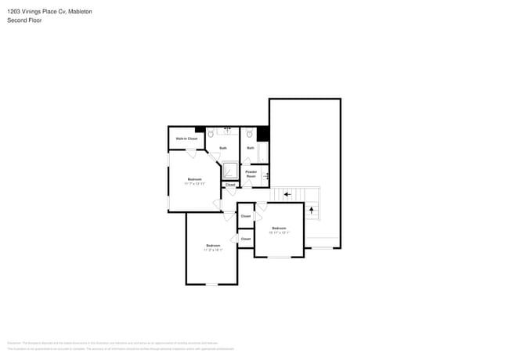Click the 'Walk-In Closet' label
coord(186,139)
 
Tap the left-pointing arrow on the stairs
coord(287,194)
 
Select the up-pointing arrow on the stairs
coord(312,210)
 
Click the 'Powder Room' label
coord(251,174)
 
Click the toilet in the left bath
coord(211,135)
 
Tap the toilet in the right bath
coord(249,135)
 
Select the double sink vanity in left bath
coord(228,129)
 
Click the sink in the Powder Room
coord(266,176)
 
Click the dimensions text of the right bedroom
coord(280,232)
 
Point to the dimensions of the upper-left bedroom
coord(194,184)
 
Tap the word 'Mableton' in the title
coord(77,12)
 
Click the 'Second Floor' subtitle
coord(24,20)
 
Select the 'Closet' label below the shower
coord(230,185)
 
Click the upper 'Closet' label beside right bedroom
coord(246,215)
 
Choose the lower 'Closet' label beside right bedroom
coord(246,239)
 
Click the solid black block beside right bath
coord(263,134)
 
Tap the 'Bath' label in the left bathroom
coord(223,148)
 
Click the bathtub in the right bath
coord(264,152)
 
